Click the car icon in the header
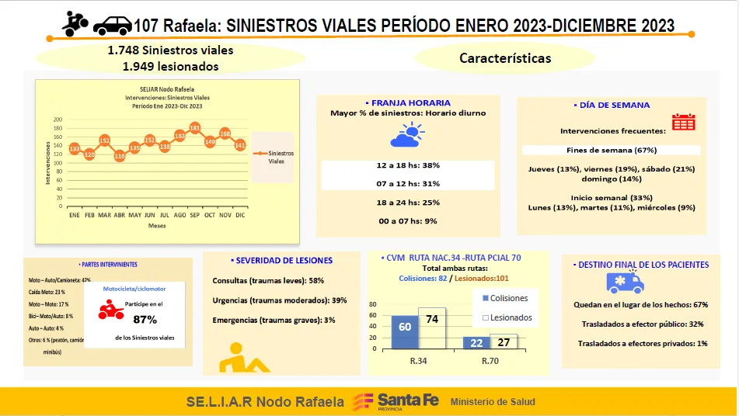[x=112, y=26]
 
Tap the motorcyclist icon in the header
[x=75, y=23]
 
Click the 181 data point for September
[x=195, y=128]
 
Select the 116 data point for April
[x=120, y=156]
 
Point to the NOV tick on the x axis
[x=225, y=214]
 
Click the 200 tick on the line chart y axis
[x=58, y=120]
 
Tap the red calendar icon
[x=683, y=122]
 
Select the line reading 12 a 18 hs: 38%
[x=408, y=165]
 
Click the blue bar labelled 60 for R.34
[x=405, y=331]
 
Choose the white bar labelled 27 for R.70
[x=504, y=342]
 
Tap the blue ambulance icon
[x=633, y=282]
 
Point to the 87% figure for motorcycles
[x=145, y=319]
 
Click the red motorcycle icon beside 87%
[x=110, y=310]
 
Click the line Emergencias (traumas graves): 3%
[x=274, y=320]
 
